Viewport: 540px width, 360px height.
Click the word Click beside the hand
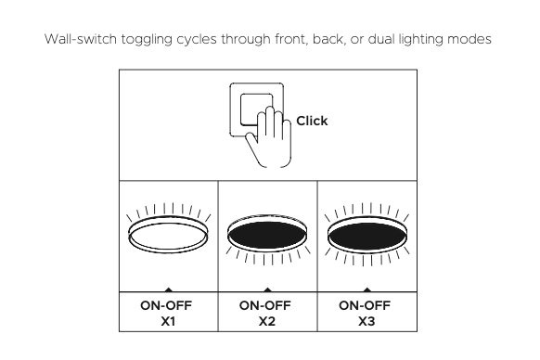(312, 121)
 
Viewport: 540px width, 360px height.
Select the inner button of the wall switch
(257, 109)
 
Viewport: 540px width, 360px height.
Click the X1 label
(168, 321)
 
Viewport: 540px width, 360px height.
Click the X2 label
(267, 321)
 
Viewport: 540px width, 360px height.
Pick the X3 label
(366, 321)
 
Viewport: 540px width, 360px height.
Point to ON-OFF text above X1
(166, 305)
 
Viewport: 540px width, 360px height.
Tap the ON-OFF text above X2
(265, 305)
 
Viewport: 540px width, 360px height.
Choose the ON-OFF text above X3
(365, 305)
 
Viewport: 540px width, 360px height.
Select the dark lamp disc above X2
(267, 235)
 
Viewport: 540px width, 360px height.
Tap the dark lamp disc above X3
(366, 236)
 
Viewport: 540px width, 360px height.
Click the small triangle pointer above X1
(169, 289)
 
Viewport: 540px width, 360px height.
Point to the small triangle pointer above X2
(267, 289)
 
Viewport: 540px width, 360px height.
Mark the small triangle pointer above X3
(367, 289)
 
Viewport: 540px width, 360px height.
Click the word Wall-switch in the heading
(81, 39)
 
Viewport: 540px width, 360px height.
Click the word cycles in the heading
(197, 40)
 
